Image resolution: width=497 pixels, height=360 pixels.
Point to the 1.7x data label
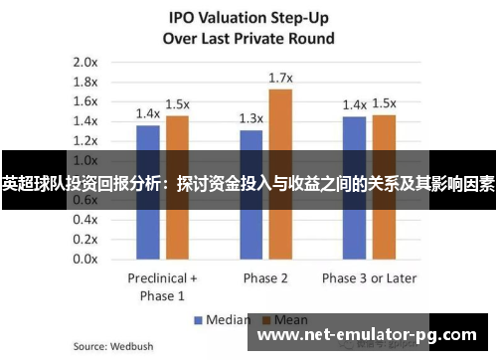(x=280, y=77)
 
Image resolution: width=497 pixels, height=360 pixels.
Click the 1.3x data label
(x=251, y=117)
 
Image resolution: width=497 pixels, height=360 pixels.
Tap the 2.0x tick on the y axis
(x=83, y=62)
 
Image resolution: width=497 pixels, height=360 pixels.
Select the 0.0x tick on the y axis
(x=83, y=259)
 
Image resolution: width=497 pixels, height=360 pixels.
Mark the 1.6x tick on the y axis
(x=83, y=100)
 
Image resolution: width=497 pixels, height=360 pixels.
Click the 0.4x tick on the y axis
(x=83, y=219)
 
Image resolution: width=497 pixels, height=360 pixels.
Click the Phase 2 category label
(x=265, y=277)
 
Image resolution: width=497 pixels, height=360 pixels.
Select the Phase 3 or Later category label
(x=369, y=277)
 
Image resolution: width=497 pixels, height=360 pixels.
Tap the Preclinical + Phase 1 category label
(x=163, y=285)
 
